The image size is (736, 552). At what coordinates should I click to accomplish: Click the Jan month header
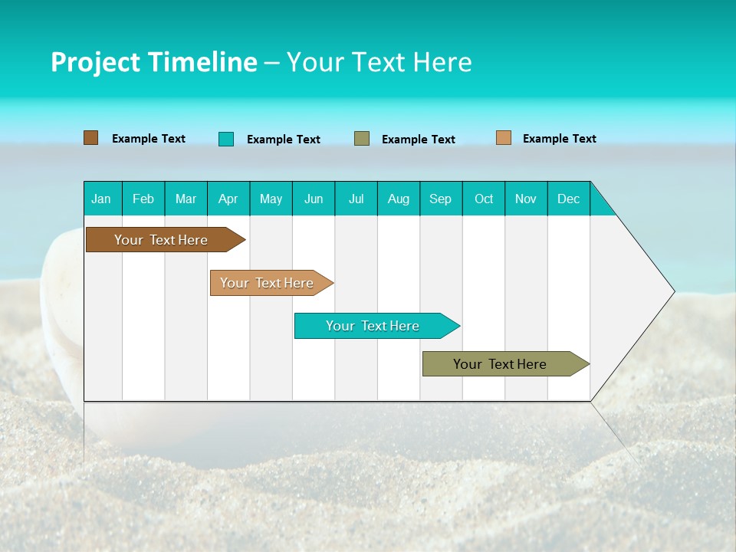[x=102, y=199]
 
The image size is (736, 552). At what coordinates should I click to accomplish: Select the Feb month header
[x=143, y=199]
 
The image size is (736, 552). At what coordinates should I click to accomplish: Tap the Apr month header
[x=228, y=199]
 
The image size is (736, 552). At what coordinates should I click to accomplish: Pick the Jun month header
[x=314, y=199]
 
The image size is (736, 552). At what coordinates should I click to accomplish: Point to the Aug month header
[x=399, y=199]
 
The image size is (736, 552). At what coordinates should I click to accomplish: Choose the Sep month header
[x=441, y=199]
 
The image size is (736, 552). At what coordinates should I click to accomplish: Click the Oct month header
[x=484, y=199]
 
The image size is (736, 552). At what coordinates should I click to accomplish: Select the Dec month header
[x=569, y=199]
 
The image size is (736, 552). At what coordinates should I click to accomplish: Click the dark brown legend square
[x=91, y=138]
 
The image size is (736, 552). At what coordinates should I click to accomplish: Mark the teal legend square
[x=226, y=139]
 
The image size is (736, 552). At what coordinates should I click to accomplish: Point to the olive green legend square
[x=362, y=139]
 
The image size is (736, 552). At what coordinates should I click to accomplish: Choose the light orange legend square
[x=504, y=138]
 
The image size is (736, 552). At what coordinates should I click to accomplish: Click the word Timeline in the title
[x=202, y=62]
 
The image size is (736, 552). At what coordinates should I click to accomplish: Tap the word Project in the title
[x=95, y=62]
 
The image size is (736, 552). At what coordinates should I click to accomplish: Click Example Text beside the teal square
[x=284, y=140]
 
